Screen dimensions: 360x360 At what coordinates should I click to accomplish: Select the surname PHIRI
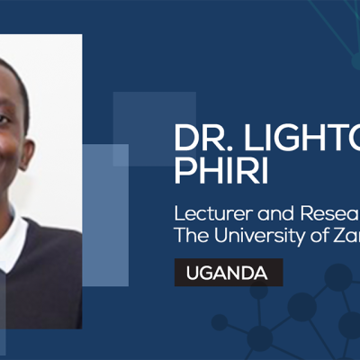[220, 172]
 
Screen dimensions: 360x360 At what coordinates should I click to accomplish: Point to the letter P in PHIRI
[184, 172]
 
